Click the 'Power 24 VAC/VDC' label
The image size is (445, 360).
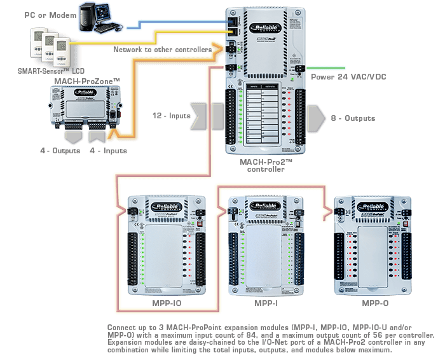coord(348,77)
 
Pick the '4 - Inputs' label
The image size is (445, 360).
coord(108,151)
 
